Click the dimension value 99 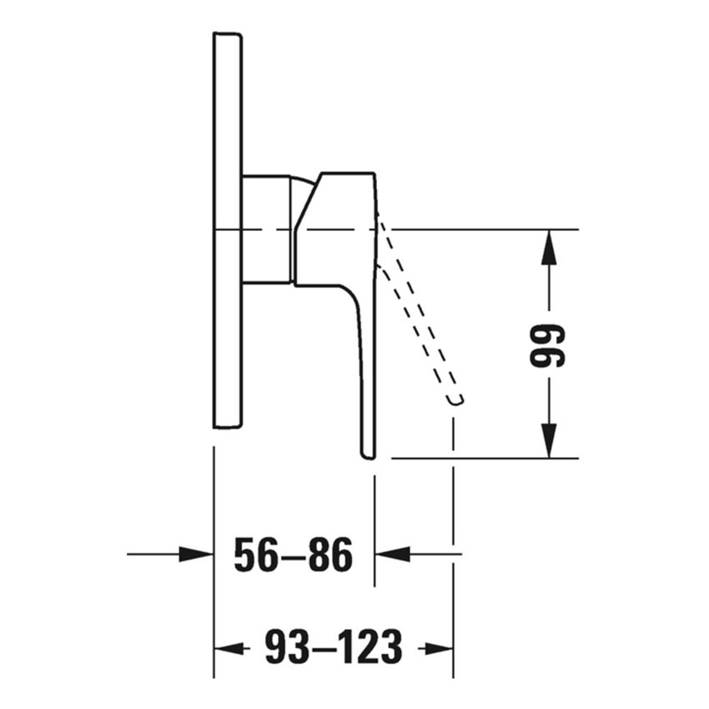pos(548,345)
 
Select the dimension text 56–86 pos(293,555)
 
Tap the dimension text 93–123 pos(334,647)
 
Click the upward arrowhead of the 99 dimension pos(548,246)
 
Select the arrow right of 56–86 pos(392,554)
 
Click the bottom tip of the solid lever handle pos(368,453)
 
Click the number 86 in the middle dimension pos(330,555)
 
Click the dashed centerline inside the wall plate pos(228,229)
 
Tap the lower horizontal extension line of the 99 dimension pos(484,458)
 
